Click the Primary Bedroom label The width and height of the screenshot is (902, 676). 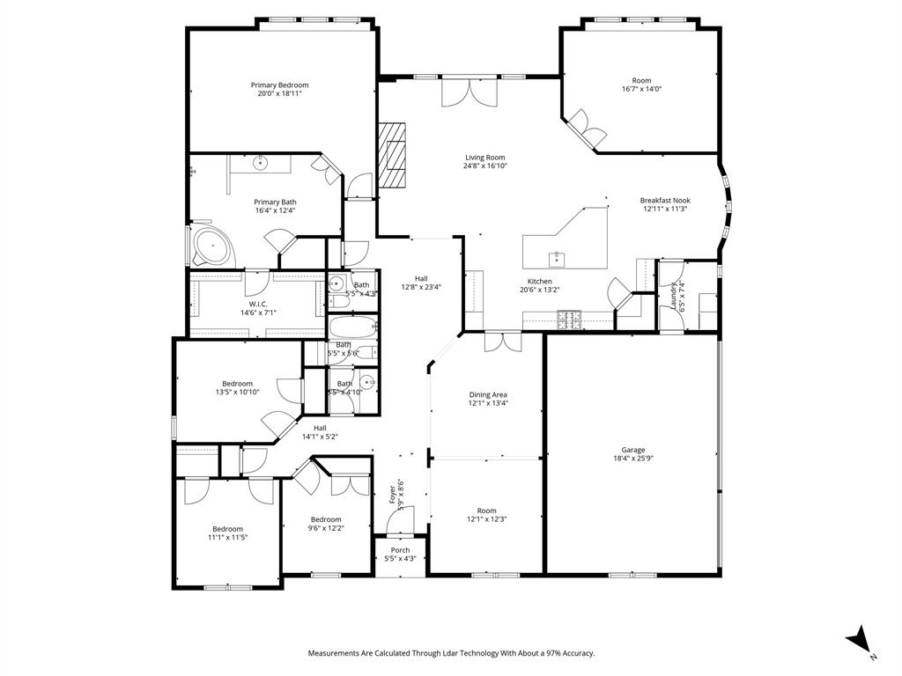click(279, 85)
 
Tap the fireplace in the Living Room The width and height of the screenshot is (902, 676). click(394, 155)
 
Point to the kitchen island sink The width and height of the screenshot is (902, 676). click(557, 258)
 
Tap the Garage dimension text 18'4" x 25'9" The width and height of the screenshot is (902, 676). click(629, 458)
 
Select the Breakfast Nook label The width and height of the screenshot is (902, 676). click(665, 201)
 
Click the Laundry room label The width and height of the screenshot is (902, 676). click(675, 297)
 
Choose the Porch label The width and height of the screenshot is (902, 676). click(400, 550)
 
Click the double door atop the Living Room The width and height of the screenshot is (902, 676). click(469, 91)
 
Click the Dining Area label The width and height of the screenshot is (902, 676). click(487, 394)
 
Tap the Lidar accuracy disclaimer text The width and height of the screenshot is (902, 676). click(450, 653)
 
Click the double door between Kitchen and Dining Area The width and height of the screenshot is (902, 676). click(502, 342)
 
